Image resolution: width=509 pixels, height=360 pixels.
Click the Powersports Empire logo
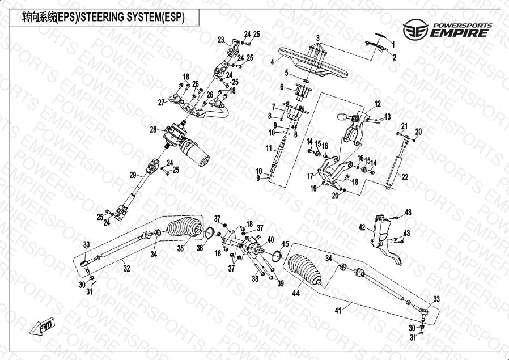[x=447, y=28]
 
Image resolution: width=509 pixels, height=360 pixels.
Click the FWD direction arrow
[x=43, y=328]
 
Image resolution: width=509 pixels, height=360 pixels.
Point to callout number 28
[x=153, y=130]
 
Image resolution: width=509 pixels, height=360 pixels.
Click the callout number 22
[x=405, y=177]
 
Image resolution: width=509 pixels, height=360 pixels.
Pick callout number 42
[x=361, y=227]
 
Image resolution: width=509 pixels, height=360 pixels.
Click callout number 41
[x=338, y=310]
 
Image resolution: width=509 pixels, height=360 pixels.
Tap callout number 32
[x=127, y=268]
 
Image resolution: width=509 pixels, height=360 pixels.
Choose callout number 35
[x=181, y=248]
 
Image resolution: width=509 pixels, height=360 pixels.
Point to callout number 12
[x=377, y=104]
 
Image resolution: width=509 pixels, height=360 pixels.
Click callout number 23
[x=221, y=39]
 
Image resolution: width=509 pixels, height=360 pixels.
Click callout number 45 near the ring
[x=286, y=244]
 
